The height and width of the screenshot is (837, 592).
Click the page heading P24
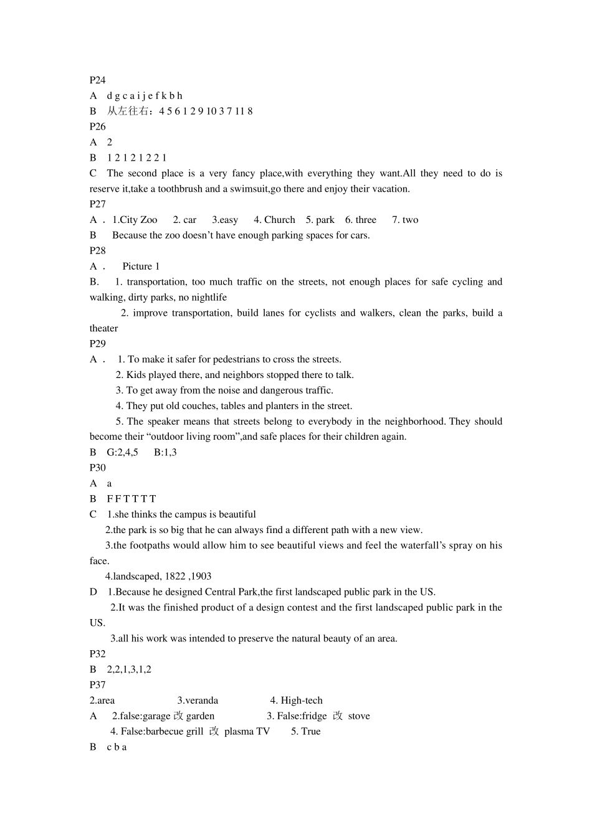tap(97, 80)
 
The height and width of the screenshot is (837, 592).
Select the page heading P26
tap(97, 126)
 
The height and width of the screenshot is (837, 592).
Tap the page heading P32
tap(97, 654)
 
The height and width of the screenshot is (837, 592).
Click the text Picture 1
tap(141, 267)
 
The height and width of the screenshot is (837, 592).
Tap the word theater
tap(103, 328)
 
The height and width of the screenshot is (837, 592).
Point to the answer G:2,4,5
tap(122, 452)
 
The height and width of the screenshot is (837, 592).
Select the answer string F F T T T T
tap(131, 499)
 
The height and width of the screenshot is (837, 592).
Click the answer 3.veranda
tap(198, 701)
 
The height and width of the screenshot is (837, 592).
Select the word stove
tap(359, 716)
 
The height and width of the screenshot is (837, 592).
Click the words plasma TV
tap(247, 732)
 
